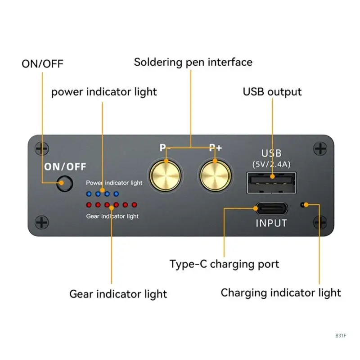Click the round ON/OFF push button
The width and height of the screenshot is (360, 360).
65,184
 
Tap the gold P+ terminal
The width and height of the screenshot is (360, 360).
215,175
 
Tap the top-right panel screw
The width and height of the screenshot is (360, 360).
320,148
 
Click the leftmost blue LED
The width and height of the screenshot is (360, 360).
89,194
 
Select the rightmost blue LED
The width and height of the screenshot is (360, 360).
116,194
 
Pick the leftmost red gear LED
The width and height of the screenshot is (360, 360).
89,205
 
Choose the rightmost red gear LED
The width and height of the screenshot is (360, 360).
134,205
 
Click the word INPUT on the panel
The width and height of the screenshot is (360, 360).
271,223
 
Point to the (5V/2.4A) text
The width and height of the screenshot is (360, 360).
271,164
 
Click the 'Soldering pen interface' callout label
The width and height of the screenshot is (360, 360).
193,62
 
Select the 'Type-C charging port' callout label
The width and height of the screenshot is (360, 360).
225,264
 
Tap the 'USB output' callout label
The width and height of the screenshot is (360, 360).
272,92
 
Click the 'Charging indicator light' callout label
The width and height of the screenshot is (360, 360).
281,292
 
